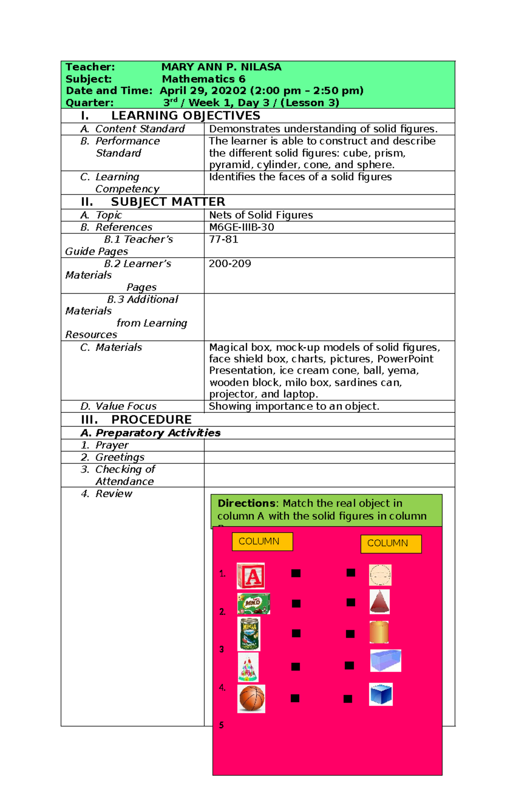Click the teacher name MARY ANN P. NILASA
click(221, 67)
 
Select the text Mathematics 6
click(203, 79)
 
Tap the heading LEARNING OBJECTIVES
click(185, 116)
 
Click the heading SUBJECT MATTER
click(168, 202)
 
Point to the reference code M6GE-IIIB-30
click(241, 227)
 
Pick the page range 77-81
click(223, 239)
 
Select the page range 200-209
click(230, 264)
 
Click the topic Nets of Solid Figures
click(261, 215)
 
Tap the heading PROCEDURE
click(151, 420)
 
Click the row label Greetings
click(120, 457)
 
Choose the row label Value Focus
click(126, 406)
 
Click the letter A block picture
click(251, 576)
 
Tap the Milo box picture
click(253, 604)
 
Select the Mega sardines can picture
click(249, 634)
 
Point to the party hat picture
click(248, 667)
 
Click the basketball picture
click(251, 699)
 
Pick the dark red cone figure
click(380, 602)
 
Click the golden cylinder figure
click(379, 632)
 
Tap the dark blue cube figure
click(381, 694)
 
